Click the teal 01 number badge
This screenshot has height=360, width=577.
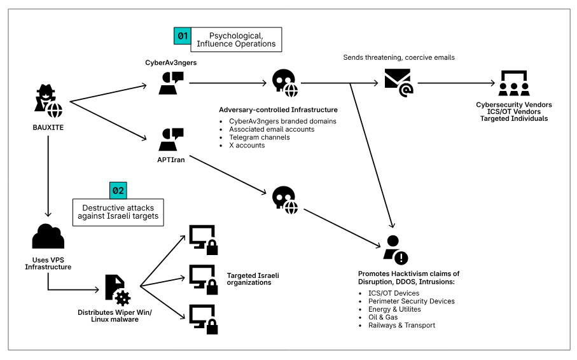tap(183, 36)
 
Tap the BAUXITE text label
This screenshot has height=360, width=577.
tap(48, 127)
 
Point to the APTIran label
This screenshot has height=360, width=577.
tap(170, 160)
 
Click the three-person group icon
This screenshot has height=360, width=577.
tap(513, 83)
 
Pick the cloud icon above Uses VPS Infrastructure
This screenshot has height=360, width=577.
tap(48, 237)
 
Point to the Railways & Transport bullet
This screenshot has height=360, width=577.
tap(401, 326)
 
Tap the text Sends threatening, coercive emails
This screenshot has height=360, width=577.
tap(399, 57)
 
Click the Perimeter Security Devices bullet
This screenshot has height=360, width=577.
tap(411, 301)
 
